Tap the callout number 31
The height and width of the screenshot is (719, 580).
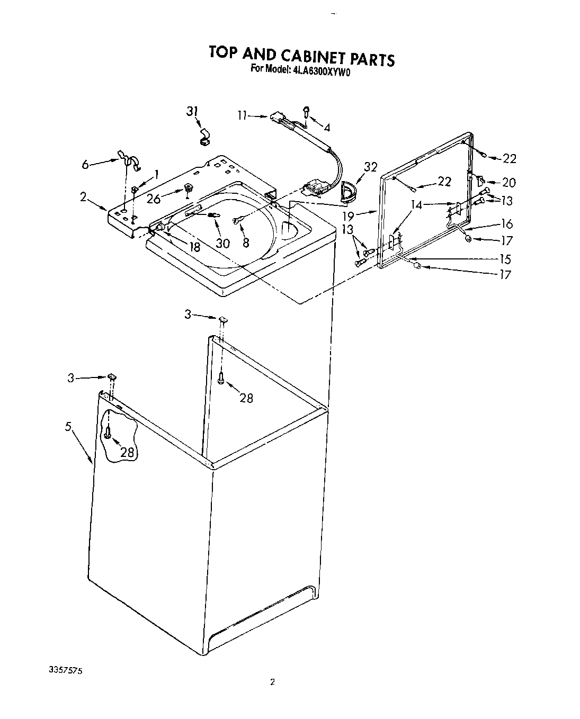pyautogui.click(x=192, y=111)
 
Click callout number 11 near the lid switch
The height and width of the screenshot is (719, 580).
pyautogui.click(x=242, y=115)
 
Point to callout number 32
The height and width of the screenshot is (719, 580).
pyautogui.click(x=370, y=167)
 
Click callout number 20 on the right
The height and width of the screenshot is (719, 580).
pyautogui.click(x=508, y=183)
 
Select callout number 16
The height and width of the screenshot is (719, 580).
pyautogui.click(x=507, y=224)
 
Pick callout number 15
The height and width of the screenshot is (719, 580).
pyautogui.click(x=505, y=259)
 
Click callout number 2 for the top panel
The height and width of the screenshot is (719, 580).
pyautogui.click(x=83, y=196)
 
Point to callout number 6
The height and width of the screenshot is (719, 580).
pyautogui.click(x=85, y=165)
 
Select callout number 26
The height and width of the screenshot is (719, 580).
pyautogui.click(x=154, y=200)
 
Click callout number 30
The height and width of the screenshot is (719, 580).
pyautogui.click(x=223, y=242)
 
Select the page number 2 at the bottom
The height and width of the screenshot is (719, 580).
pyautogui.click(x=272, y=682)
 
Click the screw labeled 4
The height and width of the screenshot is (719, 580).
pyautogui.click(x=307, y=111)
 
